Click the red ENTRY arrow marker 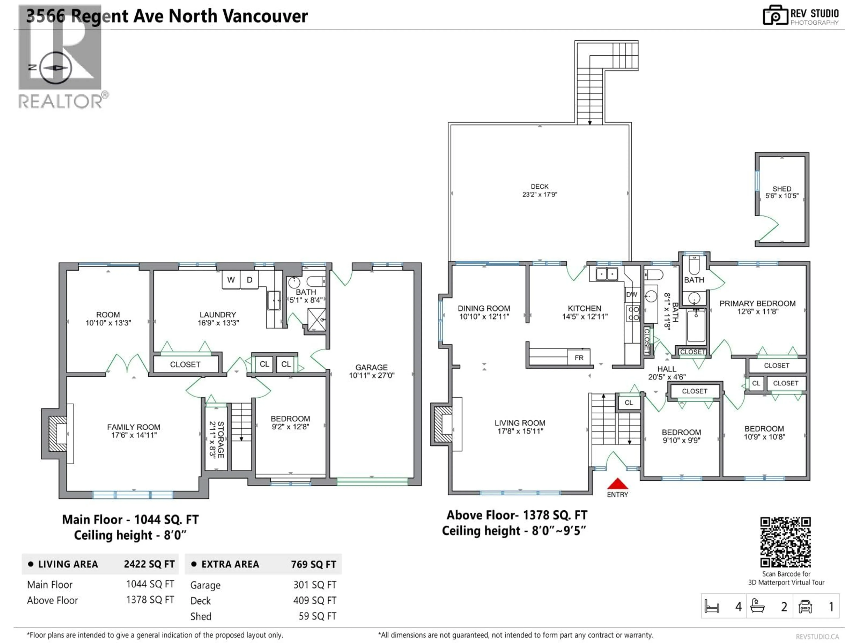coord(617,484)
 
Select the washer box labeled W coord(231,280)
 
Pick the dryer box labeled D coord(249,280)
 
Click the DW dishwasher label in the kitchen coord(631,294)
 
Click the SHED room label coord(782,189)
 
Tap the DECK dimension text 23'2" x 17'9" coord(540,194)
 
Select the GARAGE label coord(371,367)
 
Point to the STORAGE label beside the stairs coord(220,440)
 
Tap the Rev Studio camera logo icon coord(775,15)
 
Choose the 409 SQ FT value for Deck coord(315,600)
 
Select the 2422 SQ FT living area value coord(149,564)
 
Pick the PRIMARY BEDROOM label coord(757,303)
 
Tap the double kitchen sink coord(607,274)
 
